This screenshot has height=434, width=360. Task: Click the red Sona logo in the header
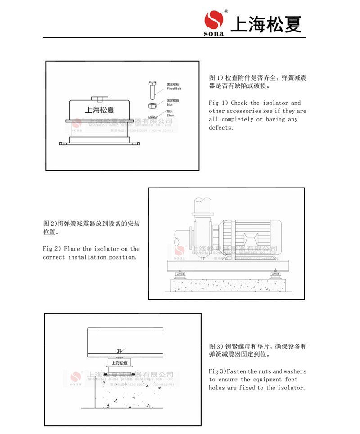click(214, 20)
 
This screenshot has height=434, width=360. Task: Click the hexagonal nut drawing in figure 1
click(153, 105)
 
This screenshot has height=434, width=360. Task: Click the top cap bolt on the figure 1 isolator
click(100, 98)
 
